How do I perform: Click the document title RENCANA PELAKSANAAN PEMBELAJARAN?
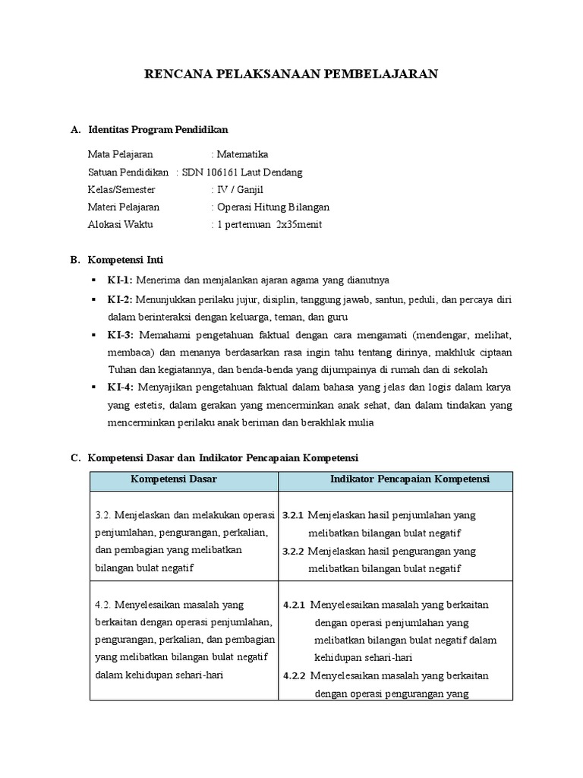coord(291,74)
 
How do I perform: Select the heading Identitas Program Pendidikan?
coord(158,130)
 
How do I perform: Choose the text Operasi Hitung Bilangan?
coord(273,207)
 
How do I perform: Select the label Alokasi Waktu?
coord(118,224)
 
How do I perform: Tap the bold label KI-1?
coord(120,280)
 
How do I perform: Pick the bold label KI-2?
coord(120,299)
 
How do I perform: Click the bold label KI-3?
coord(120,335)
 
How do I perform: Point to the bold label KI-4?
coord(120,388)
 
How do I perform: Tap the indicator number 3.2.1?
coord(293,515)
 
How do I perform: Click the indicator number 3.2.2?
coord(293,551)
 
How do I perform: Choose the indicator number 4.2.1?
coord(295,605)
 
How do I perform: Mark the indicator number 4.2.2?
coord(295,675)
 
